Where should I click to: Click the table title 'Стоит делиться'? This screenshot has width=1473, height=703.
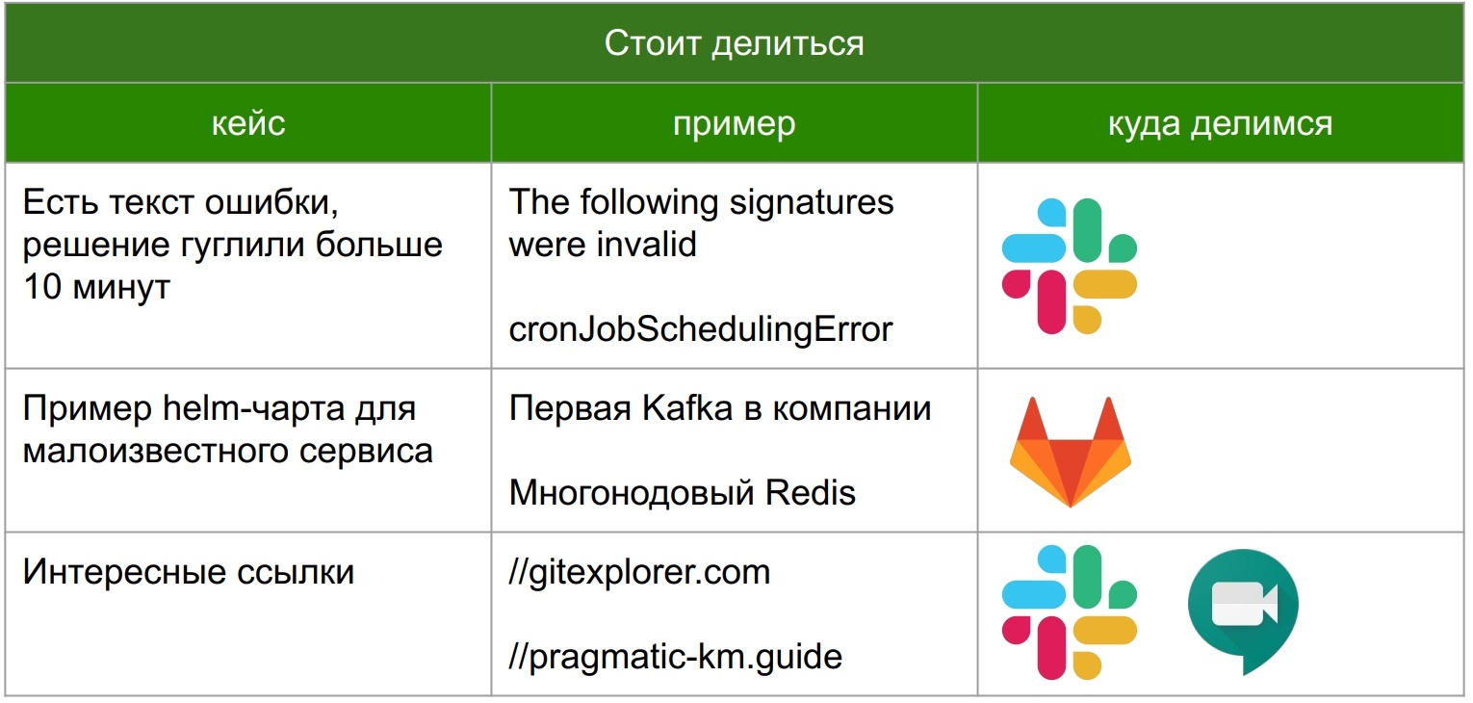tap(734, 43)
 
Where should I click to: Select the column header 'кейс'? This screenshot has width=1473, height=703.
tap(248, 123)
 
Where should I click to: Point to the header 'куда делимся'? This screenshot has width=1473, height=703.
tap(1221, 123)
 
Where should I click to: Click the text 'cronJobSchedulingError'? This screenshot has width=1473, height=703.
tap(700, 329)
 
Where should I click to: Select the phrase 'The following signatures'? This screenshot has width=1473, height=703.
tap(701, 202)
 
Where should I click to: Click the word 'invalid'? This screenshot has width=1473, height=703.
tap(646, 244)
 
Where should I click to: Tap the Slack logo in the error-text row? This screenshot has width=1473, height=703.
tap(1070, 266)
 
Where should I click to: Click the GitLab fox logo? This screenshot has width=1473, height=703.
tap(1070, 452)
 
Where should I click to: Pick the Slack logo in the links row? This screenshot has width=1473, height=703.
tap(1070, 612)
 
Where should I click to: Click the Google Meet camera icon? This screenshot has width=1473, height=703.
tap(1243, 611)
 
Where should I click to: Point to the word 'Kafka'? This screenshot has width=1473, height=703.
tap(687, 407)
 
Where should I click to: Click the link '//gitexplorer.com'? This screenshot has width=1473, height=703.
tap(639, 572)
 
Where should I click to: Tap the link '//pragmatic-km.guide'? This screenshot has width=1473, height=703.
tap(675, 657)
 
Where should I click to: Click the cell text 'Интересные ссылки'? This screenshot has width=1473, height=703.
tap(189, 571)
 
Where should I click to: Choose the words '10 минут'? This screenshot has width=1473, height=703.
tap(96, 287)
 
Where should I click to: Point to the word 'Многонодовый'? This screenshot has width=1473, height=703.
tap(632, 493)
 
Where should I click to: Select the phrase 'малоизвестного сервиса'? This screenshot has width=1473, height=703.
tap(228, 451)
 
